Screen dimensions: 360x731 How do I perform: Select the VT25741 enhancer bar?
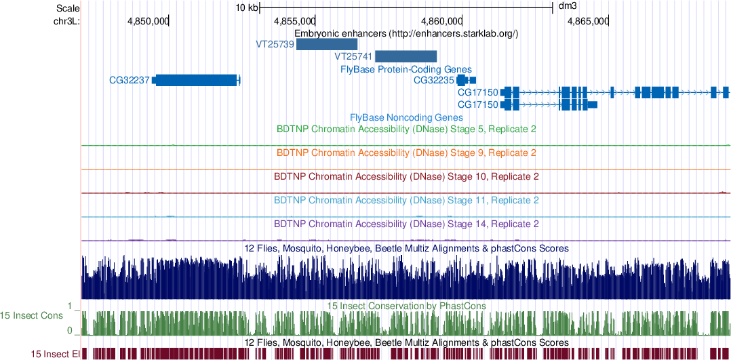tap(406, 56)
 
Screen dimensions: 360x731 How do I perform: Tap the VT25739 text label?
tap(275, 45)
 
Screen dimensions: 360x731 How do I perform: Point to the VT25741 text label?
tap(353, 56)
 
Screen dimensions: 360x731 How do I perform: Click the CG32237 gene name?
tap(130, 80)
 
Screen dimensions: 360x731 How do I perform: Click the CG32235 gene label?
tap(434, 80)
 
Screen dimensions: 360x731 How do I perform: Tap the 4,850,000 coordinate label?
tap(148, 21)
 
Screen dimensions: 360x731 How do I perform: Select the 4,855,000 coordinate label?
tap(294, 21)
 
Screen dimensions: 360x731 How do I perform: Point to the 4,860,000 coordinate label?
tap(441, 21)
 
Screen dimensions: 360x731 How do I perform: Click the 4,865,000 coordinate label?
tap(588, 21)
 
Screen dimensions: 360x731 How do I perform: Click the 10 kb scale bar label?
tap(246, 7)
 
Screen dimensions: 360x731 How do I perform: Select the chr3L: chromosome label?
tap(66, 21)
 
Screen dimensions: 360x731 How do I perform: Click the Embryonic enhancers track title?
tap(406, 33)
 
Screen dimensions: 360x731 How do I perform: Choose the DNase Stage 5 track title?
tap(406, 128)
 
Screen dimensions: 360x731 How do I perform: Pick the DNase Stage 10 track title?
tap(406, 176)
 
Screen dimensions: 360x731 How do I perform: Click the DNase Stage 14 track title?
tap(406, 224)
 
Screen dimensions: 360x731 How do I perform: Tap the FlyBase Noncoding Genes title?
tap(406, 117)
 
